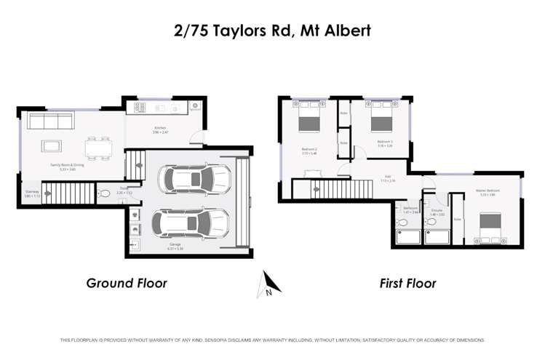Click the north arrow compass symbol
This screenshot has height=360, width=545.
pos(266,284)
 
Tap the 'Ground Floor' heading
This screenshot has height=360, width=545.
pos(127,283)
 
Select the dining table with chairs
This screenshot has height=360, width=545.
pos(98,148)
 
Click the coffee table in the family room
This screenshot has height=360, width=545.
pos(52,145)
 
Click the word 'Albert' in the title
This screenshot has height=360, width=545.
pos(344,31)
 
